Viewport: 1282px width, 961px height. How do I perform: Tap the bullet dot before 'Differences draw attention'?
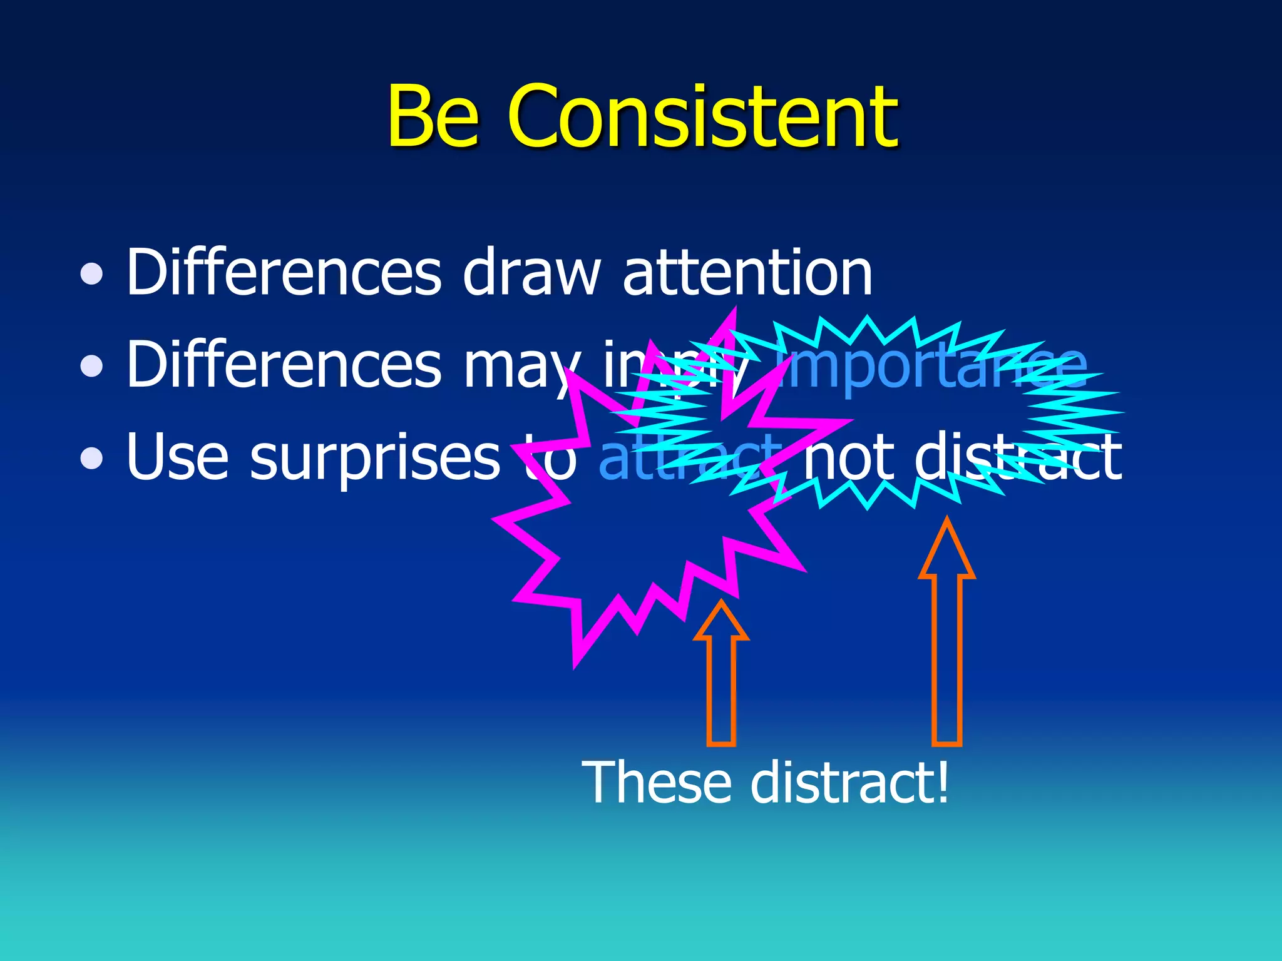[92, 273]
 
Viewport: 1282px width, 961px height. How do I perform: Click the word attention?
[747, 273]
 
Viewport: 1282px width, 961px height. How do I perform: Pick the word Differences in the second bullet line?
[284, 364]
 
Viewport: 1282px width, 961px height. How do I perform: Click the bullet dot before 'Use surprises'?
[92, 458]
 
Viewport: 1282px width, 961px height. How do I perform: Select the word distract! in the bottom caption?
[849, 783]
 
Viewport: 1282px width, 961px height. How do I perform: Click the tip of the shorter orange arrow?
[721, 603]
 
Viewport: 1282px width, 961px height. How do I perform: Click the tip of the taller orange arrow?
[946, 520]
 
